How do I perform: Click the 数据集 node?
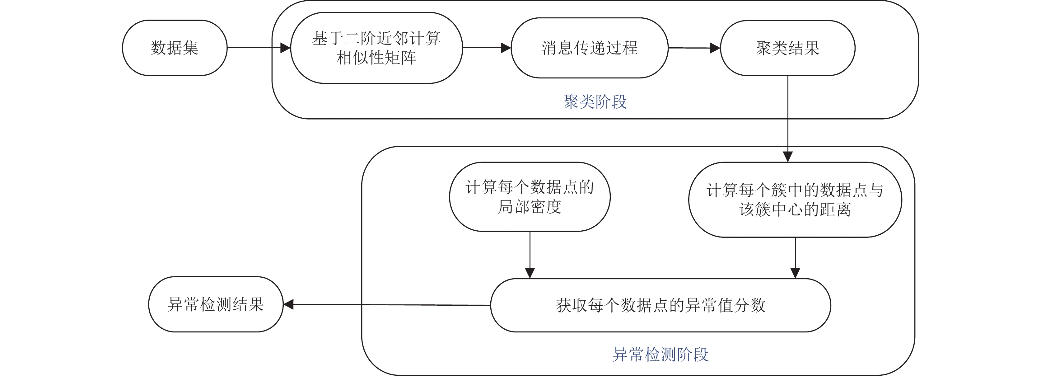click(175, 48)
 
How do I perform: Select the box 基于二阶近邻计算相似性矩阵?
click(376, 48)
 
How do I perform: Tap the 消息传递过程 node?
click(589, 48)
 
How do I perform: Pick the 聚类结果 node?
click(788, 48)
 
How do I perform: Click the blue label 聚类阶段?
click(595, 102)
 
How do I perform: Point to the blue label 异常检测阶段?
click(660, 355)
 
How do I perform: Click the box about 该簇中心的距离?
click(795, 200)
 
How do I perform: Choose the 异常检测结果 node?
click(216, 304)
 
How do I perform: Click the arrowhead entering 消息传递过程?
click(506, 48)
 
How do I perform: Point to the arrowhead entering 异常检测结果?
click(288, 304)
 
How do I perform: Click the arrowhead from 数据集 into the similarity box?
click(285, 48)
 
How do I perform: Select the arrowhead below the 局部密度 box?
click(530, 273)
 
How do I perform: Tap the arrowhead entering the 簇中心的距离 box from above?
click(788, 157)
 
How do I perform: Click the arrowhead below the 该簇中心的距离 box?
click(795, 273)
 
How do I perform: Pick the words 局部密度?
click(530, 207)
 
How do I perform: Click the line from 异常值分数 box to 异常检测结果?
click(387, 305)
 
